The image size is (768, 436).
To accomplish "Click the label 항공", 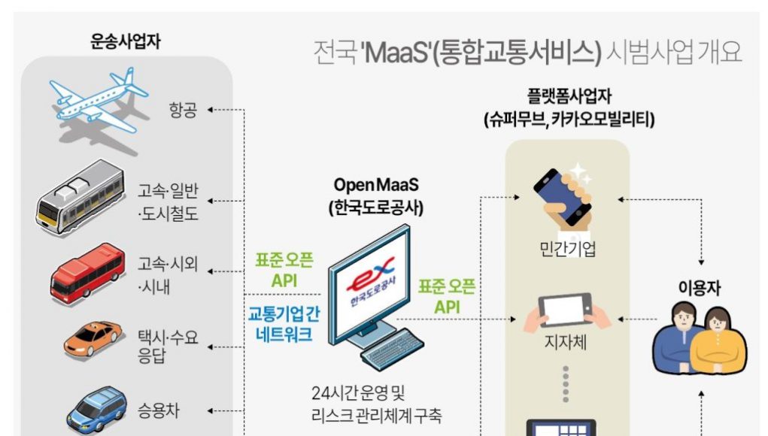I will pos(183,111).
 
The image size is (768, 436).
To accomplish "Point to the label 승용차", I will pos(158,410).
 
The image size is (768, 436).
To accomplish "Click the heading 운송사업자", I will pos(125,42).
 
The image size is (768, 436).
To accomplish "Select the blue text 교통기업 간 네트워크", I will pos(284,325).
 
